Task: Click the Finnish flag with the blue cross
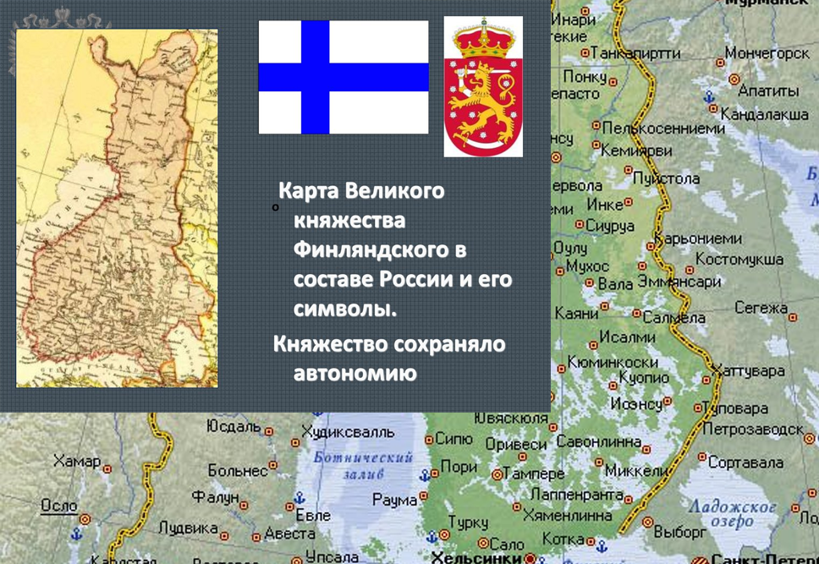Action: [x=343, y=77]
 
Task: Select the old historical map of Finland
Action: [x=117, y=208]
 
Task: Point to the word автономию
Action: [x=355, y=373]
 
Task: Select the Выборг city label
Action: [x=679, y=533]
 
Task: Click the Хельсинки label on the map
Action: [x=475, y=557]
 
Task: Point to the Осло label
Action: [x=58, y=505]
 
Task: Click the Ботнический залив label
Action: [x=362, y=466]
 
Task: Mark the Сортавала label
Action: [x=745, y=463]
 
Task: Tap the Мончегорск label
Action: [x=767, y=52]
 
